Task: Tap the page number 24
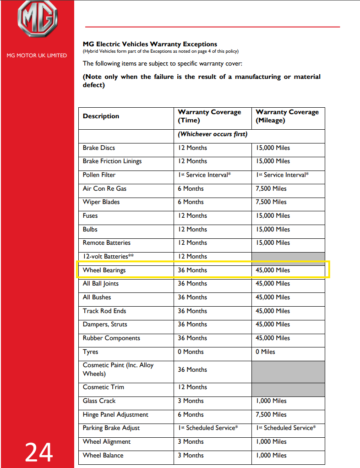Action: [x=39, y=452]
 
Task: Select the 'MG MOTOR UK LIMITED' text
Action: [x=37, y=55]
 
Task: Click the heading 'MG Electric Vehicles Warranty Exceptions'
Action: [x=150, y=44]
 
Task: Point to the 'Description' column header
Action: [x=101, y=116]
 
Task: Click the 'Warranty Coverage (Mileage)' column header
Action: [x=287, y=116]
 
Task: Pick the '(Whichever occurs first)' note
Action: [x=213, y=134]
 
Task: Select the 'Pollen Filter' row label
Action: [x=99, y=175]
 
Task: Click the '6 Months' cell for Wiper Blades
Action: [x=191, y=202]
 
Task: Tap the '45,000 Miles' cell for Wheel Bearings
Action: [x=273, y=270]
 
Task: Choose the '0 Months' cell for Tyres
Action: [x=191, y=352]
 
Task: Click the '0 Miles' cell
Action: [x=265, y=352]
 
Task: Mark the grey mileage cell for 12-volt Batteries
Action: [x=288, y=256]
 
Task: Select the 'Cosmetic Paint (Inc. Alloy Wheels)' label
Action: [x=118, y=369]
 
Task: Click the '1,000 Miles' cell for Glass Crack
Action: [x=271, y=401]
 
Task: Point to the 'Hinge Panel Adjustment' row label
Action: [x=115, y=414]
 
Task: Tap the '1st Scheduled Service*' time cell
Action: [x=208, y=428]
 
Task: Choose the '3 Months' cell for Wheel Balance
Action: [x=191, y=455]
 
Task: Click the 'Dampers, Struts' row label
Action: [x=105, y=324]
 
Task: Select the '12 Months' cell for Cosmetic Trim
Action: [x=192, y=387]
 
